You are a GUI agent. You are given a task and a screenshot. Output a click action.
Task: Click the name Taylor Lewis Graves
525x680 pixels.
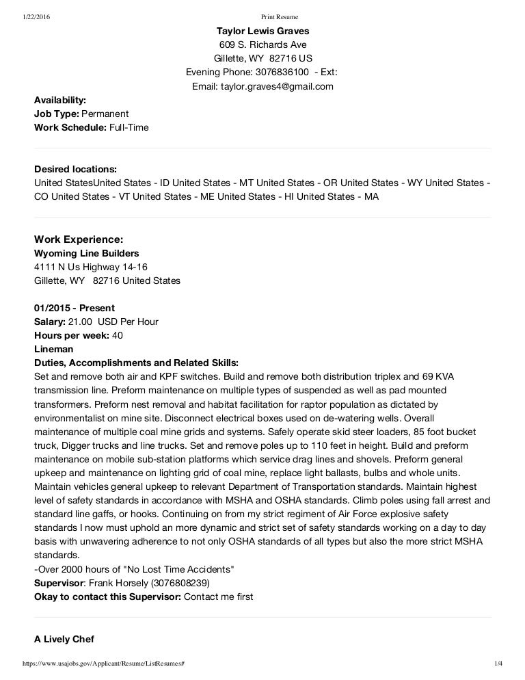click(x=262, y=31)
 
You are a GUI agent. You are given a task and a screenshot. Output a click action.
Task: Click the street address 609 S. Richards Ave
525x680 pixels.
click(x=262, y=44)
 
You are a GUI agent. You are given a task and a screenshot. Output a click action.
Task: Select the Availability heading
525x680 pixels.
click(x=60, y=100)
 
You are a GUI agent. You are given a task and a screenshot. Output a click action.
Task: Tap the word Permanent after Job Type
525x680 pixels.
click(x=105, y=114)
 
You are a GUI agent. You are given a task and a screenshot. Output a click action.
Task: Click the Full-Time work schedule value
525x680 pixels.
click(x=129, y=127)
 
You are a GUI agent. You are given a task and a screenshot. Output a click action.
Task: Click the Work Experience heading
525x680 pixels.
click(x=79, y=239)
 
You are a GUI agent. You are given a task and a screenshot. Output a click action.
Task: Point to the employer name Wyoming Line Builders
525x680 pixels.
click(x=86, y=253)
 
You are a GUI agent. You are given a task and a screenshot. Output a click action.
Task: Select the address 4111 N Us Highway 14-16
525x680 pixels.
click(x=91, y=267)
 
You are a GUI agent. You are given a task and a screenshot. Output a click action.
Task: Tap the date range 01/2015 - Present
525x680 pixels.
click(x=75, y=308)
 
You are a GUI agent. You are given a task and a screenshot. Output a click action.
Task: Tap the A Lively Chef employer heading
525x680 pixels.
click(x=64, y=639)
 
